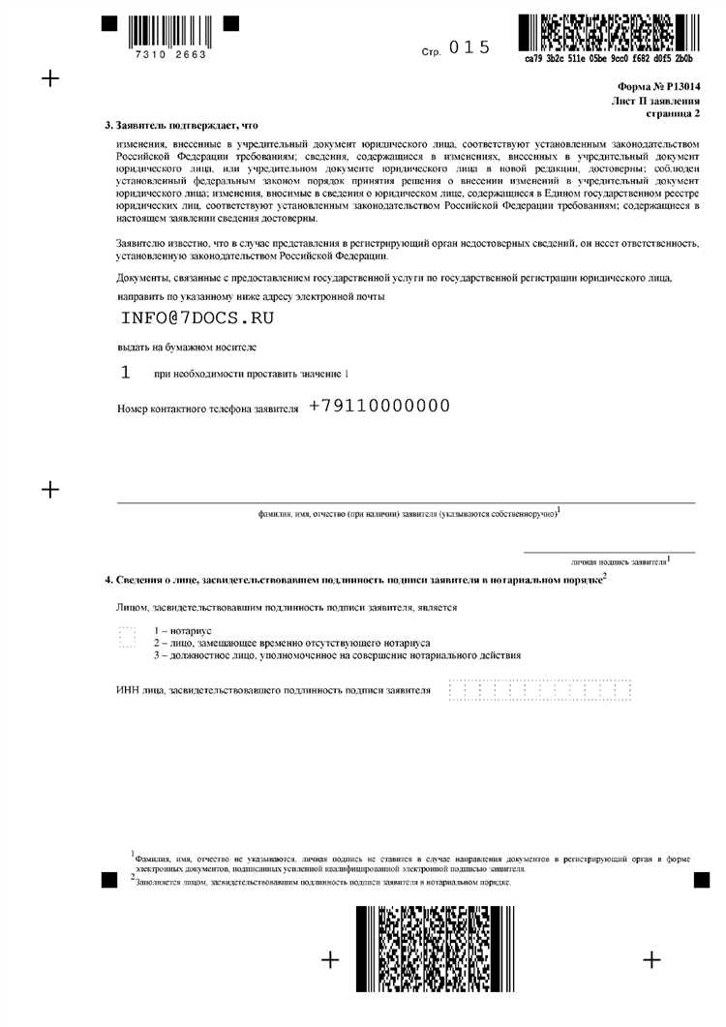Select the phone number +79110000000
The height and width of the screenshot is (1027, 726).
click(x=379, y=407)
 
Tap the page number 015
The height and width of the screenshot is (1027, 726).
click(x=471, y=47)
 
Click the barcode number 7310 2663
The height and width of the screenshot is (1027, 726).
click(x=172, y=55)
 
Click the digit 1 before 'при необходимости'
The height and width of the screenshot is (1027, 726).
click(x=124, y=373)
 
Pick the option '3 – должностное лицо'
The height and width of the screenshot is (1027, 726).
click(x=337, y=655)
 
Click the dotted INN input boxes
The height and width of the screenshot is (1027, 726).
click(x=539, y=689)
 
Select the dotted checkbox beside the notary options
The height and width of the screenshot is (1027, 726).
click(x=126, y=637)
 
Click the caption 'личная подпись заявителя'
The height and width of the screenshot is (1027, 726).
click(x=620, y=560)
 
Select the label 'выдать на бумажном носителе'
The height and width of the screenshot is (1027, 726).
click(x=186, y=347)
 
